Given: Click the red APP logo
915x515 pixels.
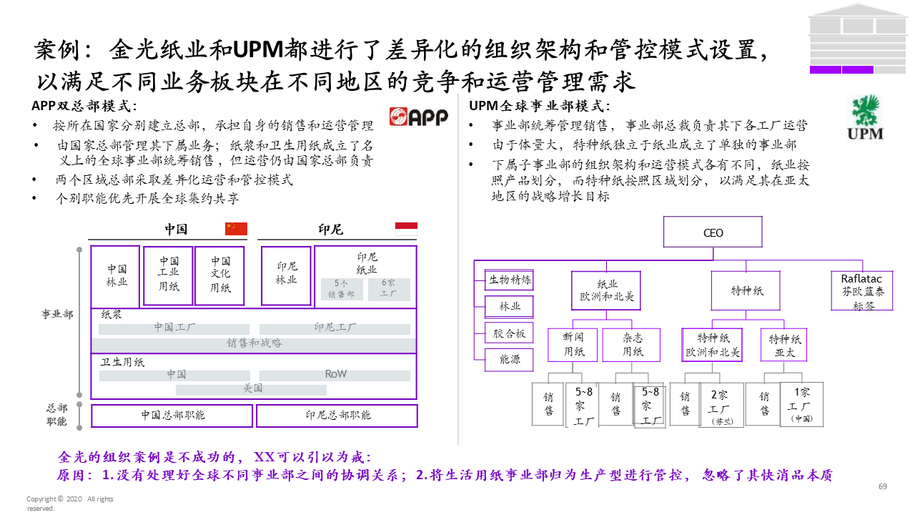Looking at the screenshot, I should coord(418,117).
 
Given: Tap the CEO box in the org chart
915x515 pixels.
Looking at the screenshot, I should coord(713,232).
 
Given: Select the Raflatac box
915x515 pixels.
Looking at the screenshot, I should coord(862,290).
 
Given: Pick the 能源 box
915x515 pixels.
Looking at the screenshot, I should coord(510,360).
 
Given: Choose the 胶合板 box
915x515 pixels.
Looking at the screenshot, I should coord(510,333).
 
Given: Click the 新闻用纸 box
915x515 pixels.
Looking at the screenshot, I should coord(574,344).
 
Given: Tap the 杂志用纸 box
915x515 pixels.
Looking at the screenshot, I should coord(632,344).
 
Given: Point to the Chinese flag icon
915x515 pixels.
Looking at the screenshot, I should coord(236,229).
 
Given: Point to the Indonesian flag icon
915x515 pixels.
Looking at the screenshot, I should coord(406,229).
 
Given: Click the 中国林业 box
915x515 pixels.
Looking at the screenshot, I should coord(117,275).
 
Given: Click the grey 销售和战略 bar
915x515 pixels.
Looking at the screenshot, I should coord(254,343).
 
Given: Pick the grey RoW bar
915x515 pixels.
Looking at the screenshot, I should coord(335,374).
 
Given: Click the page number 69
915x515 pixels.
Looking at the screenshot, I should coord(882,486).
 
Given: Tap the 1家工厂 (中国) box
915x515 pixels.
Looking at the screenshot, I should coord(802,405).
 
